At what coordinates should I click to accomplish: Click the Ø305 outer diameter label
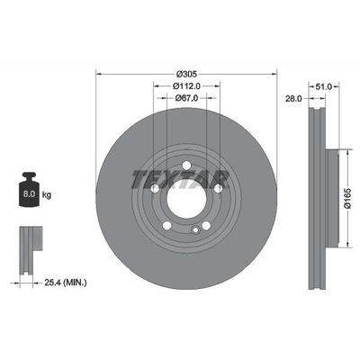pos(186,71)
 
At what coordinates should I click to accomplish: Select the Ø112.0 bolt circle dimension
pos(186,85)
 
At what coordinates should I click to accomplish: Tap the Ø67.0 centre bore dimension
pos(186,100)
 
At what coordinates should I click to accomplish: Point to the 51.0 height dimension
pos(326,85)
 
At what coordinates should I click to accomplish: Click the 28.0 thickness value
pos(293,100)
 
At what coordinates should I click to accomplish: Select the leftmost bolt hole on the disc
pos(155,187)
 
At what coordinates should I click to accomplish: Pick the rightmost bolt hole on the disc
pos(214,187)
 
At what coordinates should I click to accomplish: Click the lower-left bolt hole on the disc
pos(166,221)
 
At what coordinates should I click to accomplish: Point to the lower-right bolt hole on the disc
pos(203,221)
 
